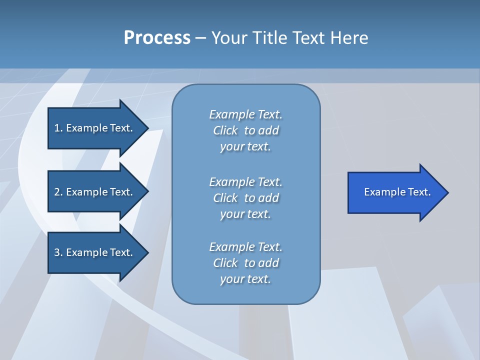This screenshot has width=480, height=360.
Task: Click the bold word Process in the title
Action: point(157,38)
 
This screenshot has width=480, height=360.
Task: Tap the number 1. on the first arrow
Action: point(58,128)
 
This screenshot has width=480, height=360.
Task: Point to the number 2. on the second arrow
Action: point(58,192)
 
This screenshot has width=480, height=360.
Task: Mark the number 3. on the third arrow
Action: point(58,252)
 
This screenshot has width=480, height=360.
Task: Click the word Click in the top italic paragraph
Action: point(225,130)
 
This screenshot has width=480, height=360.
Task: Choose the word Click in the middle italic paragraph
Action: point(225,198)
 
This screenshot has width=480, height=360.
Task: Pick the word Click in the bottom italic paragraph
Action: point(225,263)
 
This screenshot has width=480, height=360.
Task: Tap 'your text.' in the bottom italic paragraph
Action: point(245,279)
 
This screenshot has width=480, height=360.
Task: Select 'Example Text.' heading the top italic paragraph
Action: point(245,114)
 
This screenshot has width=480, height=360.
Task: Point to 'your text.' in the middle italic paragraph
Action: point(245,214)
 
